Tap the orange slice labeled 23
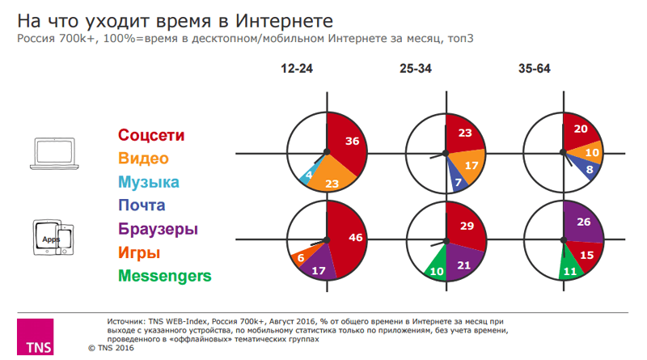pos(332,176)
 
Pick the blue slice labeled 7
pos(457,178)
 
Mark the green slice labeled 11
pos(571,265)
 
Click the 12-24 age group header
pos(297,69)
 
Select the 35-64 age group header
pos(535,69)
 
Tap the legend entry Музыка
pos(149,182)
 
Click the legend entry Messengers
pos(165,276)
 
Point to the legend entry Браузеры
pos(158,229)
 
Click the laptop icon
pos(54,153)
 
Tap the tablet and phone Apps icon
pos(53,237)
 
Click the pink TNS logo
pos(35,337)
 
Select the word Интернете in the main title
pos(284,21)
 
